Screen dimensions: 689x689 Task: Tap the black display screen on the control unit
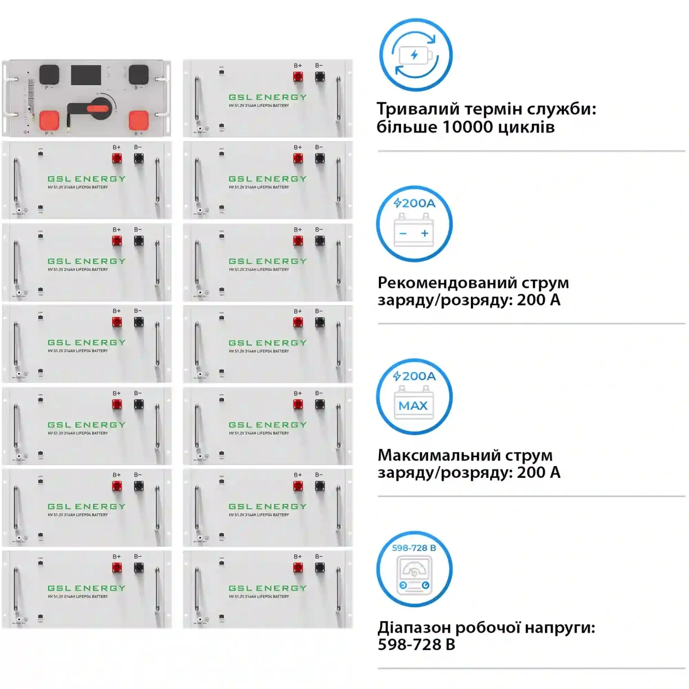coord(86,75)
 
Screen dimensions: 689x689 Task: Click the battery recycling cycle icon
coord(415,55)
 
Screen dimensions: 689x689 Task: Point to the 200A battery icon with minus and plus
coord(414,224)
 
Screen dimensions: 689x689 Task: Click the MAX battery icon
coord(414,397)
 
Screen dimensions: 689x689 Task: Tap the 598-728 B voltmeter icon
coord(414,569)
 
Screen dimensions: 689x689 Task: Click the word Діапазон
coord(414,628)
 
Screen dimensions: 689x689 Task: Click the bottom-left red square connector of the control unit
coord(49,120)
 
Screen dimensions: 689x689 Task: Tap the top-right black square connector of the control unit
coord(139,74)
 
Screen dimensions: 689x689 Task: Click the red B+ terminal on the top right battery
coord(298,77)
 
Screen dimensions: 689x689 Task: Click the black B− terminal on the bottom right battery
coord(320,568)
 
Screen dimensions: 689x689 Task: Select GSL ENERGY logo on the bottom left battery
coord(87,588)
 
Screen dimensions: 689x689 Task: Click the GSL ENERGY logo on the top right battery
coord(268,97)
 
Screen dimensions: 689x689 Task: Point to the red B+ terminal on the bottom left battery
coord(117,568)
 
